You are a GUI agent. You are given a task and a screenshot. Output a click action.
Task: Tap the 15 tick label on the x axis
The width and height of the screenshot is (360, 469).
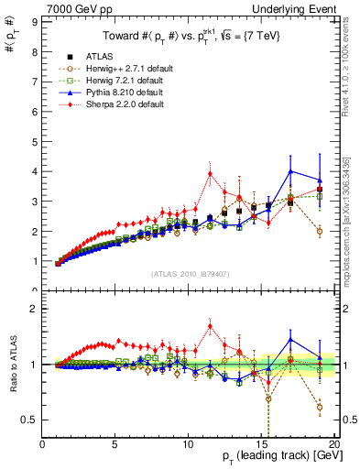tap(261, 445)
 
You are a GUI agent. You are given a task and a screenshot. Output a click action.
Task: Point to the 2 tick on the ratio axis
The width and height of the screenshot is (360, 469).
tap(35, 309)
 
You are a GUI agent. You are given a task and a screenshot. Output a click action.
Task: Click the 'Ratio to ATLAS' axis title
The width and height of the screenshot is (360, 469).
tap(12, 365)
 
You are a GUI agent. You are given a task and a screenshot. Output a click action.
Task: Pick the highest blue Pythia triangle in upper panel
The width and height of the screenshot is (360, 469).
tap(290, 171)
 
